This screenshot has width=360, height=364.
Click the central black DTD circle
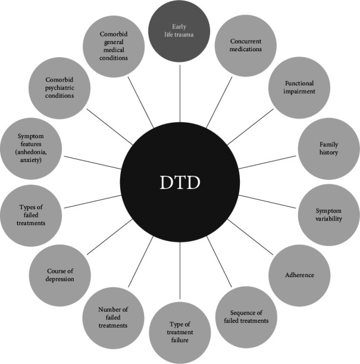coord(180,182)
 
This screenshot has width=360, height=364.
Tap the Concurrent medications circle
coord(246,45)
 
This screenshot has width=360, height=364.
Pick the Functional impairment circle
coord(300,88)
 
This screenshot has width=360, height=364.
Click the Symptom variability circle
coord(329,214)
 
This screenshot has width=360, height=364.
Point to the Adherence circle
coord(299,275)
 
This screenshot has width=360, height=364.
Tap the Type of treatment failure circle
coord(180,333)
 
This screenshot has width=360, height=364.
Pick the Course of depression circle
coord(60,275)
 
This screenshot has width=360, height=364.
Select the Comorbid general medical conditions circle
coord(113,45)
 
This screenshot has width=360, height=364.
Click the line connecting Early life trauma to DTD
coord(180,89)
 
